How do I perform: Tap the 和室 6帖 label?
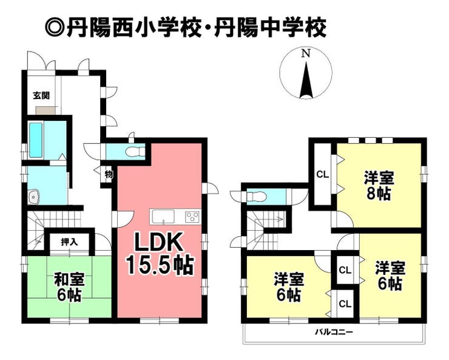tap(69, 288)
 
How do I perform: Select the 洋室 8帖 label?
tap(379, 185)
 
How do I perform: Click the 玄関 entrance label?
tap(41, 95)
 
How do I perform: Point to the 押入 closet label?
tap(69, 242)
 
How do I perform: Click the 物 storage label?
tap(109, 174)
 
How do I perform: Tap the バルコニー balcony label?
tap(334, 332)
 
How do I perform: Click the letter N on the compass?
tap(306, 53)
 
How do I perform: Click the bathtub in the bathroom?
tap(36, 140)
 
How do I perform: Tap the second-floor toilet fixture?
tap(257, 197)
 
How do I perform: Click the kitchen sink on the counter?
tap(163, 216)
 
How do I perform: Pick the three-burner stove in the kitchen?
tap(192, 216)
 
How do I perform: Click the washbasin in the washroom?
tap(35, 197)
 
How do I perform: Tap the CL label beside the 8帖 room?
tap(322, 174)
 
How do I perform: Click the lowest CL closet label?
tap(345, 304)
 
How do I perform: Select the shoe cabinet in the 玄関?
tap(47, 110)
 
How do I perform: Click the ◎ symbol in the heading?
tap(55, 29)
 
